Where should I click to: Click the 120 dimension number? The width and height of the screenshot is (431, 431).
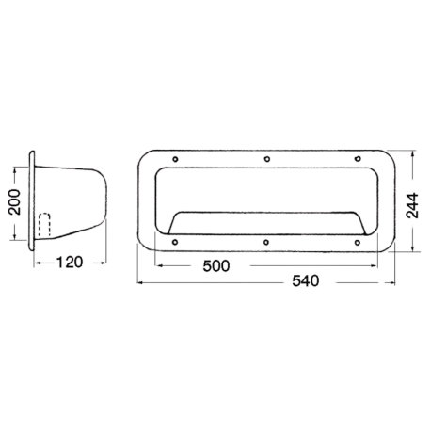pyautogui.click(x=66, y=263)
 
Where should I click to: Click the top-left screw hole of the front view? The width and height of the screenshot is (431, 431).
pyautogui.click(x=176, y=158)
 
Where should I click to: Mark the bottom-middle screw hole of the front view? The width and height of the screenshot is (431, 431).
pyautogui.click(x=268, y=243)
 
